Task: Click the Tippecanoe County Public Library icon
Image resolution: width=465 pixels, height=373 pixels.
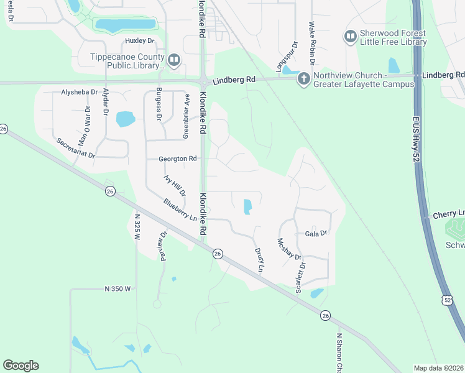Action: coord(173,60)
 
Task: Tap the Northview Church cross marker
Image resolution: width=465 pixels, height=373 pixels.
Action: coord(304,78)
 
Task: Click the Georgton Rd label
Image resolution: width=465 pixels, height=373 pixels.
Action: coord(178,159)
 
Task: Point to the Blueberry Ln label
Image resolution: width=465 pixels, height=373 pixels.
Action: coord(180,210)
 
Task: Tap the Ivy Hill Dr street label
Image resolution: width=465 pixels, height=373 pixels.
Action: coord(175,185)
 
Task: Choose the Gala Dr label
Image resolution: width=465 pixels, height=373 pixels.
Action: coord(316,233)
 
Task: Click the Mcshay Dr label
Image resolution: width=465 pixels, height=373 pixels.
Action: coord(289,249)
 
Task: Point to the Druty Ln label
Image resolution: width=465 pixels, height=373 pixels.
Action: coord(260,260)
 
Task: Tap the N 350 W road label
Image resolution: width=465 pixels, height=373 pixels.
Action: coord(117,288)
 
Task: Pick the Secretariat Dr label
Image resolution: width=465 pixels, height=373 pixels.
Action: coord(75,147)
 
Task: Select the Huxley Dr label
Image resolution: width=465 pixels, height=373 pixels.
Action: coord(139,40)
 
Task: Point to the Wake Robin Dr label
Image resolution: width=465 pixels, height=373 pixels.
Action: coord(313,44)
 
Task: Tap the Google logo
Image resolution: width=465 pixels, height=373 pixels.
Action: coord(21,366)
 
